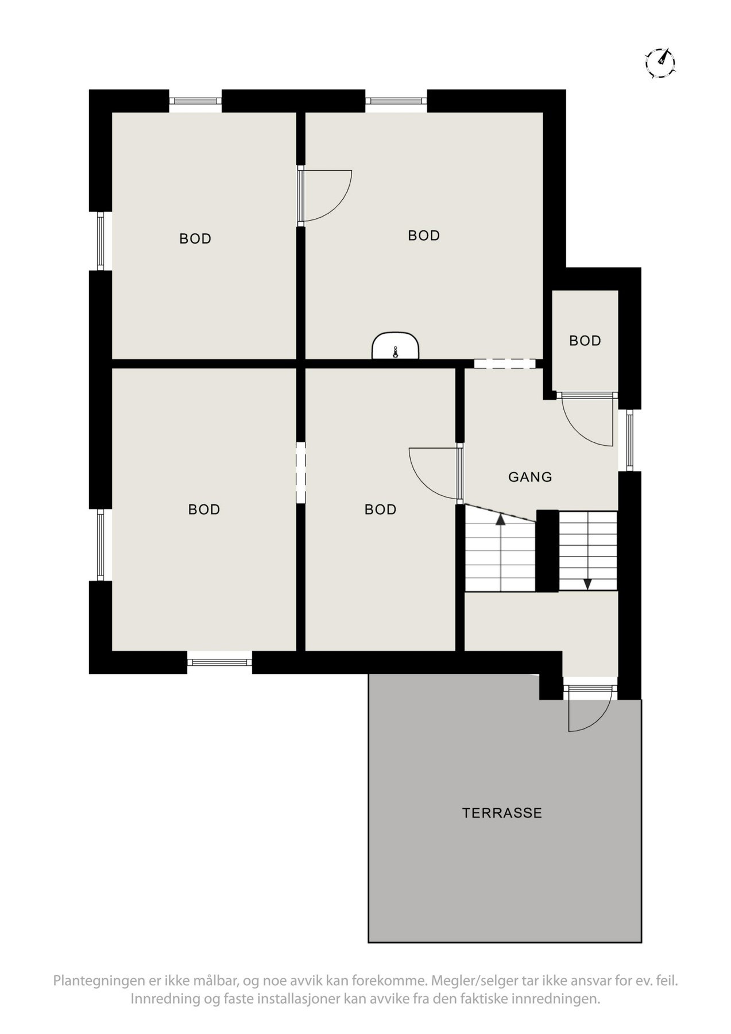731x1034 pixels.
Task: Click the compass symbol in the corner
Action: point(660,62)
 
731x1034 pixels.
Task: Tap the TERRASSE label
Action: point(502,813)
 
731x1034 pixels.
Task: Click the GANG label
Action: point(530,476)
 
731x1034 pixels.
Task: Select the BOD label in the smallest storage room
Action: point(585,341)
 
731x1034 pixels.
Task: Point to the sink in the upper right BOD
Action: point(395,346)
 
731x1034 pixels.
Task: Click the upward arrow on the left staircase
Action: point(501,521)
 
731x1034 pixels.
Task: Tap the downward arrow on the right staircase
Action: point(587,584)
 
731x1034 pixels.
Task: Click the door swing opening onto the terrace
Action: point(588,710)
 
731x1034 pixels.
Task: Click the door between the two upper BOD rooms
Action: point(325,195)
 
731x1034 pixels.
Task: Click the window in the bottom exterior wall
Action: point(219,662)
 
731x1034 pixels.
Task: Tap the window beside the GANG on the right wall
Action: point(629,440)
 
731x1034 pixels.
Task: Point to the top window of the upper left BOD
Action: point(195,101)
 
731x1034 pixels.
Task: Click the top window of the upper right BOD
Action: point(396,101)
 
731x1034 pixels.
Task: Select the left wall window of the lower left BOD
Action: point(100,544)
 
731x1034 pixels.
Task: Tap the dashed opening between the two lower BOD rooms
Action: point(300,472)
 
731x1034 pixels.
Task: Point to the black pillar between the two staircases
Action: point(547,550)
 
